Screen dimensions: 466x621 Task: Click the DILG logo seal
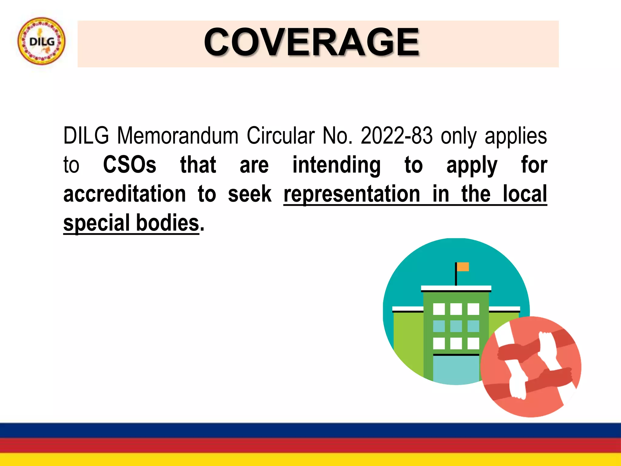point(41,41)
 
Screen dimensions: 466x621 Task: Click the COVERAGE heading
point(312,42)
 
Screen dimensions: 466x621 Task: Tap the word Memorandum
point(178,136)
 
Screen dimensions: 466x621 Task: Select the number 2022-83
point(396,136)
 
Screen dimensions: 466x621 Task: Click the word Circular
point(280,136)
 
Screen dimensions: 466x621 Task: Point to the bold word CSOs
point(129,165)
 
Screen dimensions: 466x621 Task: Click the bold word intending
point(336,165)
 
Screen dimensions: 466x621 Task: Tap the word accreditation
point(125,194)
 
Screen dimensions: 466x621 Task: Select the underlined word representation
point(352,194)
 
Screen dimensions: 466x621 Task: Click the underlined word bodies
point(167,223)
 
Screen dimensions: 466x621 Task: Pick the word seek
point(250,194)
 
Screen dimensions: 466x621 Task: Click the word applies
point(516,136)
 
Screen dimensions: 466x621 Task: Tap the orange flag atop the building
point(463,267)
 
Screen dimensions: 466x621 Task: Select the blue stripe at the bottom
point(310,430)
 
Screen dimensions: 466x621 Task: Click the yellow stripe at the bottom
point(310,460)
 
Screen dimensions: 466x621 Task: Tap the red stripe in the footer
point(310,445)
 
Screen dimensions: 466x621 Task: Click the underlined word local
point(525,194)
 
